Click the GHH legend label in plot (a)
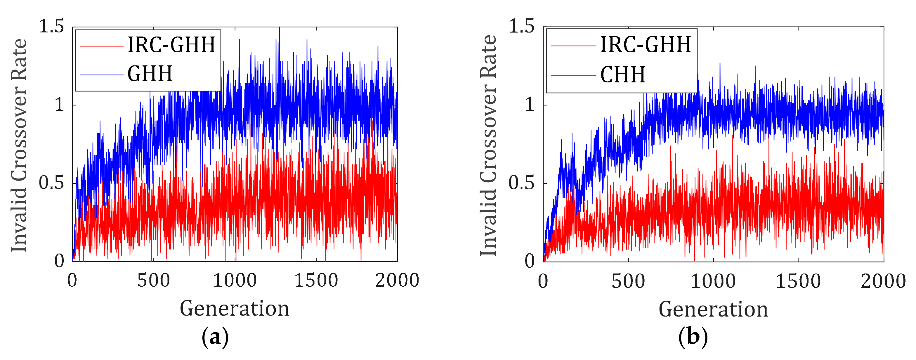click(x=150, y=74)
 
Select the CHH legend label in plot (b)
click(x=623, y=75)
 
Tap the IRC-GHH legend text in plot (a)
click(x=171, y=45)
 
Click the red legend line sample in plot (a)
click(x=101, y=46)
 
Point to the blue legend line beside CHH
click(x=573, y=76)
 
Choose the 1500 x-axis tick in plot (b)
click(x=798, y=281)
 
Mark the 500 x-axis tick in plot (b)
click(x=628, y=281)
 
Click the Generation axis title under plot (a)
click(x=234, y=308)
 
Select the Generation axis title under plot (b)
click(x=713, y=309)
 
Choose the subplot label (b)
click(x=693, y=337)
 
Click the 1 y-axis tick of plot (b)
click(x=530, y=105)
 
